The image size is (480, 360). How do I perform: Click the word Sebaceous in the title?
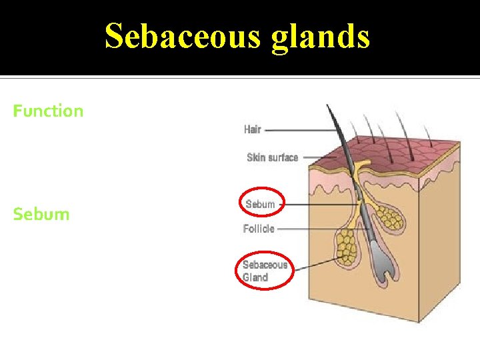[182, 36]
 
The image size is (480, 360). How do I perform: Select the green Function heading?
[49, 111]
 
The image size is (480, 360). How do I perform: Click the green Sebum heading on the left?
[41, 214]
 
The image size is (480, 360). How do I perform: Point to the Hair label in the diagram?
[253, 129]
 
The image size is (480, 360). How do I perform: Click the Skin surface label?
[272, 157]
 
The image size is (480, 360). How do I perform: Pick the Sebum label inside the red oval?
[260, 204]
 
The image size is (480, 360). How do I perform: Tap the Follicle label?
[259, 229]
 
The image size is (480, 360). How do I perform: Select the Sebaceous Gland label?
[265, 271]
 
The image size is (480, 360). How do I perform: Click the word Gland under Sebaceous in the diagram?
[255, 277]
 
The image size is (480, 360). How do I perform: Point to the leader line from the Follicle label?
[317, 229]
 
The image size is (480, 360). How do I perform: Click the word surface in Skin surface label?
[282, 157]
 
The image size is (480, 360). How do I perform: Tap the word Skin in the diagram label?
[255, 157]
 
